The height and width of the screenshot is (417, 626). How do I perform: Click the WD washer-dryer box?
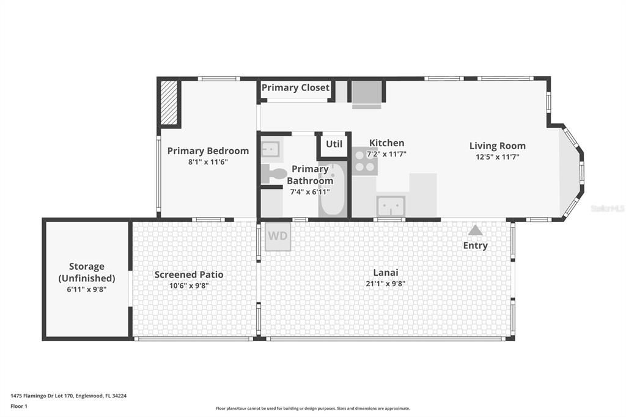278,237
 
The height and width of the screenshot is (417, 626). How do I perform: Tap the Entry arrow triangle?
475,230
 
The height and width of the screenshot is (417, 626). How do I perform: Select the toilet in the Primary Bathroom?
273,174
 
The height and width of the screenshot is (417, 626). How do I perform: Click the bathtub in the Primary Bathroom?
333,189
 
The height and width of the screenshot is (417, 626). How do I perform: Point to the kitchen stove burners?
365,161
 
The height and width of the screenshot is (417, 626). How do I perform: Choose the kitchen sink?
391,207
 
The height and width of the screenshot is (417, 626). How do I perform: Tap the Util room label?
334,144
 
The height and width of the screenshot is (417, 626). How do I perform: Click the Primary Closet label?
295,87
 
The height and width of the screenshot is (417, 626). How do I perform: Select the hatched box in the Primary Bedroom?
169,103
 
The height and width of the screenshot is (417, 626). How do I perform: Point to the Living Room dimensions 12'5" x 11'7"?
498,157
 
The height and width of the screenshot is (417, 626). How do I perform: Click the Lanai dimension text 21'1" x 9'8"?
386,284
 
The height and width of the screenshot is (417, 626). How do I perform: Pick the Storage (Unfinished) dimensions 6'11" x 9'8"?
87,289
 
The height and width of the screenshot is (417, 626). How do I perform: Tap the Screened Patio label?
189,275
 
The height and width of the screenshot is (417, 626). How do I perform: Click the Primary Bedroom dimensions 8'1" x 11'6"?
208,162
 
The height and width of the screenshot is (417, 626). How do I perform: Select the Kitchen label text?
386,142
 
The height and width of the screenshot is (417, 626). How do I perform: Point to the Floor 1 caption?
19,406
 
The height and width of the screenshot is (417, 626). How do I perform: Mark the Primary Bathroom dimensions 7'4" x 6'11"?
310,192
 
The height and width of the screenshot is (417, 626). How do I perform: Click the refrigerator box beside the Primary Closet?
367,94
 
